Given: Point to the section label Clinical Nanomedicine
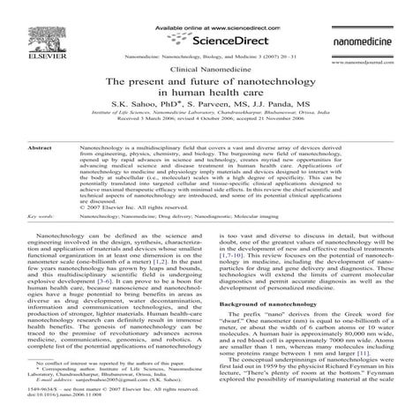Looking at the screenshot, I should pyautogui.click(x=209, y=69).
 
